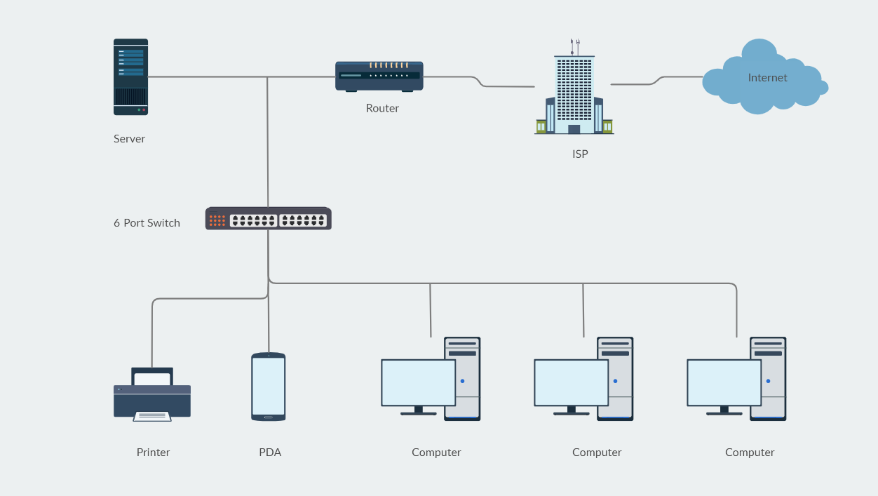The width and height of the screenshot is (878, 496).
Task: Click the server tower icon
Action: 130,77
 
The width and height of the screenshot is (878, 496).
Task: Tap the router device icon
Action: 379,76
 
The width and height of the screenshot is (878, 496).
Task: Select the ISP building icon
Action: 574,95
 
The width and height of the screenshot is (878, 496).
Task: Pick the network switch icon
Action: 268,219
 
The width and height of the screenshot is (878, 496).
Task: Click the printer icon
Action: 152,395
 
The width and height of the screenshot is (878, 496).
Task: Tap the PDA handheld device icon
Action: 269,387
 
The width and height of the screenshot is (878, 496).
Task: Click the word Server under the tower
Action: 129,139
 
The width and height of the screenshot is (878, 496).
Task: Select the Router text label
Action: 382,108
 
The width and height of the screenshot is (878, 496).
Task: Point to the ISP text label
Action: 580,154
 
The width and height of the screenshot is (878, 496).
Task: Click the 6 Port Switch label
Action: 147,223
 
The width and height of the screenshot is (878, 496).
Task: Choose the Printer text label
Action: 153,453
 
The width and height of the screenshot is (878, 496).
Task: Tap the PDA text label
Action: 270,453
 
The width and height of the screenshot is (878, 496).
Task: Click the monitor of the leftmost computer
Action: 418,383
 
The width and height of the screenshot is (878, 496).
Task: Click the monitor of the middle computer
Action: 571,383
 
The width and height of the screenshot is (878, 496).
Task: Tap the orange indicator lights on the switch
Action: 217,220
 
